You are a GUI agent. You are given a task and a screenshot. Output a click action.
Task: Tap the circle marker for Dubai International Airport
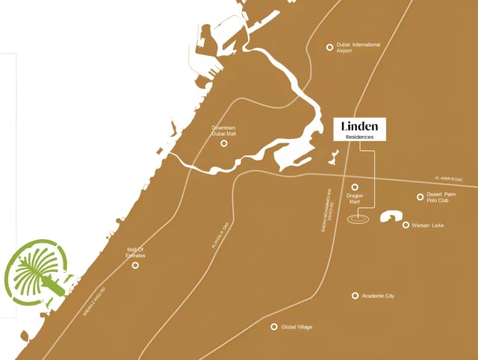pyautogui.click(x=329, y=47)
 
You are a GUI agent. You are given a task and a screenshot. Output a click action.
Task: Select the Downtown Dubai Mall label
pyautogui.click(x=223, y=131)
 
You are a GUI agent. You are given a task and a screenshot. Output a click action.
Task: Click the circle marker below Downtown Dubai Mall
pyautogui.click(x=223, y=143)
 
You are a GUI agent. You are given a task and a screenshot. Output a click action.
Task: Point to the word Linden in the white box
pyautogui.click(x=359, y=125)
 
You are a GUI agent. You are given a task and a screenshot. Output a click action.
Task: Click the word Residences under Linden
pyautogui.click(x=359, y=137)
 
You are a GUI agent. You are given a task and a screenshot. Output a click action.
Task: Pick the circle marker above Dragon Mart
pyautogui.click(x=355, y=187)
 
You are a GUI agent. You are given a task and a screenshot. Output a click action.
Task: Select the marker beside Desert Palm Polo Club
pyautogui.click(x=420, y=197)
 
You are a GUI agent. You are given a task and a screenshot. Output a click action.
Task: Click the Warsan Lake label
pyautogui.click(x=428, y=225)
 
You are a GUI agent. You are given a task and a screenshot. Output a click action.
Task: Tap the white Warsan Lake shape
pyautogui.click(x=391, y=217)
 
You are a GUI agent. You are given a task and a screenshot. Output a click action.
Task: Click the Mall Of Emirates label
pyautogui.click(x=135, y=253)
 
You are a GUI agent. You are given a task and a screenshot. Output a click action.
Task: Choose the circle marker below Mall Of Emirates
pyautogui.click(x=135, y=265)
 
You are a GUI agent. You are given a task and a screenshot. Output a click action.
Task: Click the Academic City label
pyautogui.click(x=378, y=296)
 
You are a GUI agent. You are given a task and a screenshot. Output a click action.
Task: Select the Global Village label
pyautogui.click(x=297, y=327)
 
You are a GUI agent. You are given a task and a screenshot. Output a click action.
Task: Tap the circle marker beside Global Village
pyautogui.click(x=274, y=327)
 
